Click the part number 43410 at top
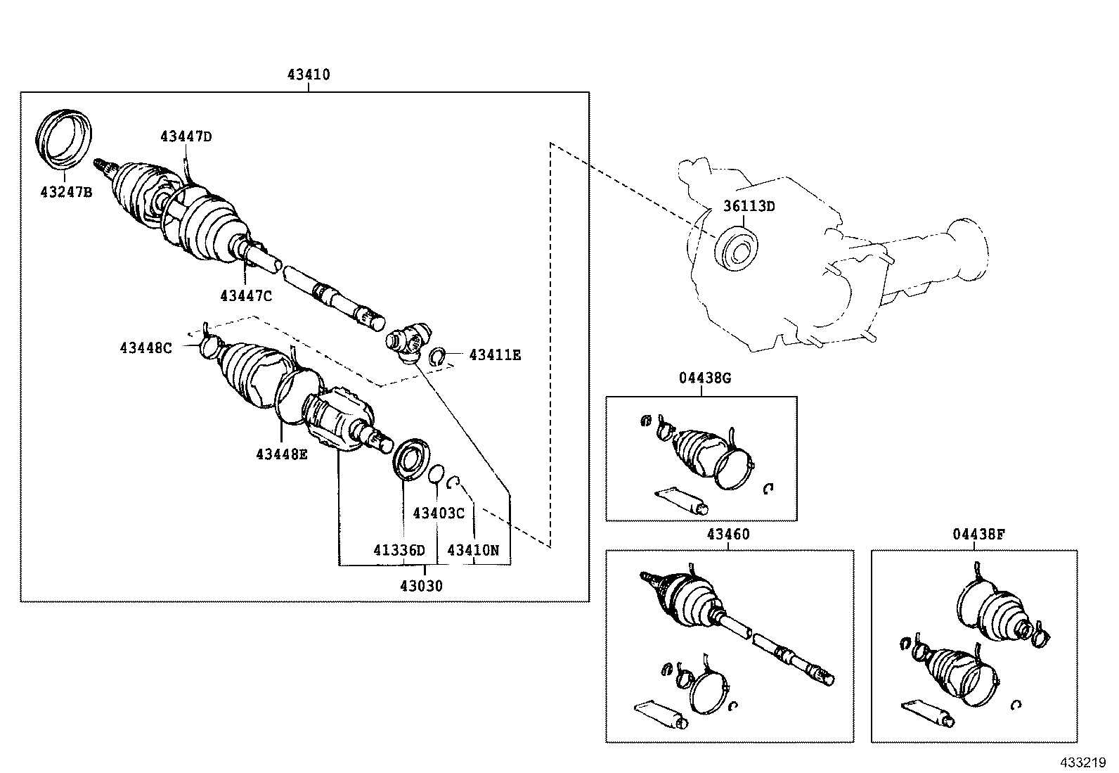click(308, 75)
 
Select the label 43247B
click(65, 192)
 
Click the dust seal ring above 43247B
click(65, 138)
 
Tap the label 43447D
click(186, 136)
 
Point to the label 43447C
click(245, 296)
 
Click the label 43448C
click(145, 347)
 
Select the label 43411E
click(495, 355)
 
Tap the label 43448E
click(281, 454)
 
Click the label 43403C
click(438, 513)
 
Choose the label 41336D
click(399, 550)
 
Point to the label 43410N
click(473, 550)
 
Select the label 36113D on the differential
click(749, 206)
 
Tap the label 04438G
click(704, 378)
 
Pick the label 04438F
click(979, 534)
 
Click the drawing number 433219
click(1083, 762)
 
